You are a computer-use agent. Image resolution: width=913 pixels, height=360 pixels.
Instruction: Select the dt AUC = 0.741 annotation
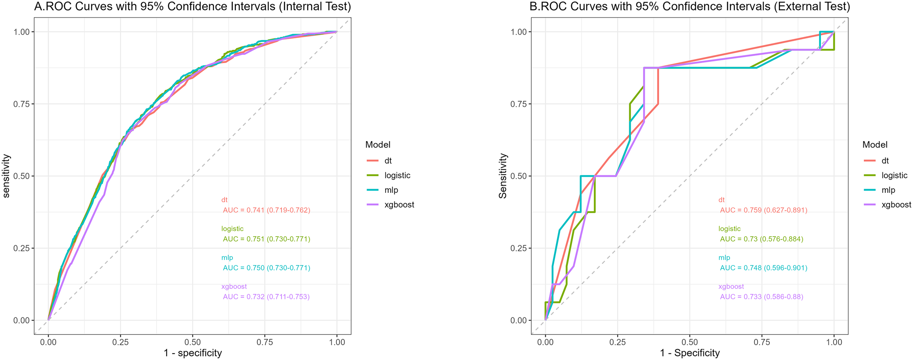266,210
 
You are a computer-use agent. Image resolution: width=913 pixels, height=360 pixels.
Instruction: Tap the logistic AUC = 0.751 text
266,239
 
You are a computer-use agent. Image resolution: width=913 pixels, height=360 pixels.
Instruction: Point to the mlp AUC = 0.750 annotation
266,268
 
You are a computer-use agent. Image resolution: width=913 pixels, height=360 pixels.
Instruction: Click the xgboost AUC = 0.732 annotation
266,297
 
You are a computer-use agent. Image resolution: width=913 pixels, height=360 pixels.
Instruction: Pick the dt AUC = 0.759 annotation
764,210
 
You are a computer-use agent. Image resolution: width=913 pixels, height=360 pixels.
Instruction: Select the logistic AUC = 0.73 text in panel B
761,239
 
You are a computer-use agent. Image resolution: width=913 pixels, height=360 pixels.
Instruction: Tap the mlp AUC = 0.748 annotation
764,268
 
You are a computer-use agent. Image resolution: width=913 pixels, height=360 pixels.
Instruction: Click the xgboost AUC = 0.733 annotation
761,297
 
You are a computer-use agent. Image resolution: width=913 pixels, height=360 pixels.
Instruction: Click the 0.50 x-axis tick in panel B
689,343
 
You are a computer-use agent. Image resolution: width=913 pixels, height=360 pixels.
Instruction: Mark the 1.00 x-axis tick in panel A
337,343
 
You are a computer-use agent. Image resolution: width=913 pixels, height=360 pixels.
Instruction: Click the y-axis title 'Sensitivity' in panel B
503,176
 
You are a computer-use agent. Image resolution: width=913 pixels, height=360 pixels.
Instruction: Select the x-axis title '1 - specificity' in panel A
193,353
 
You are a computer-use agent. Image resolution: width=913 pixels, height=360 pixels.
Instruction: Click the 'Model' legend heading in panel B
875,145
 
